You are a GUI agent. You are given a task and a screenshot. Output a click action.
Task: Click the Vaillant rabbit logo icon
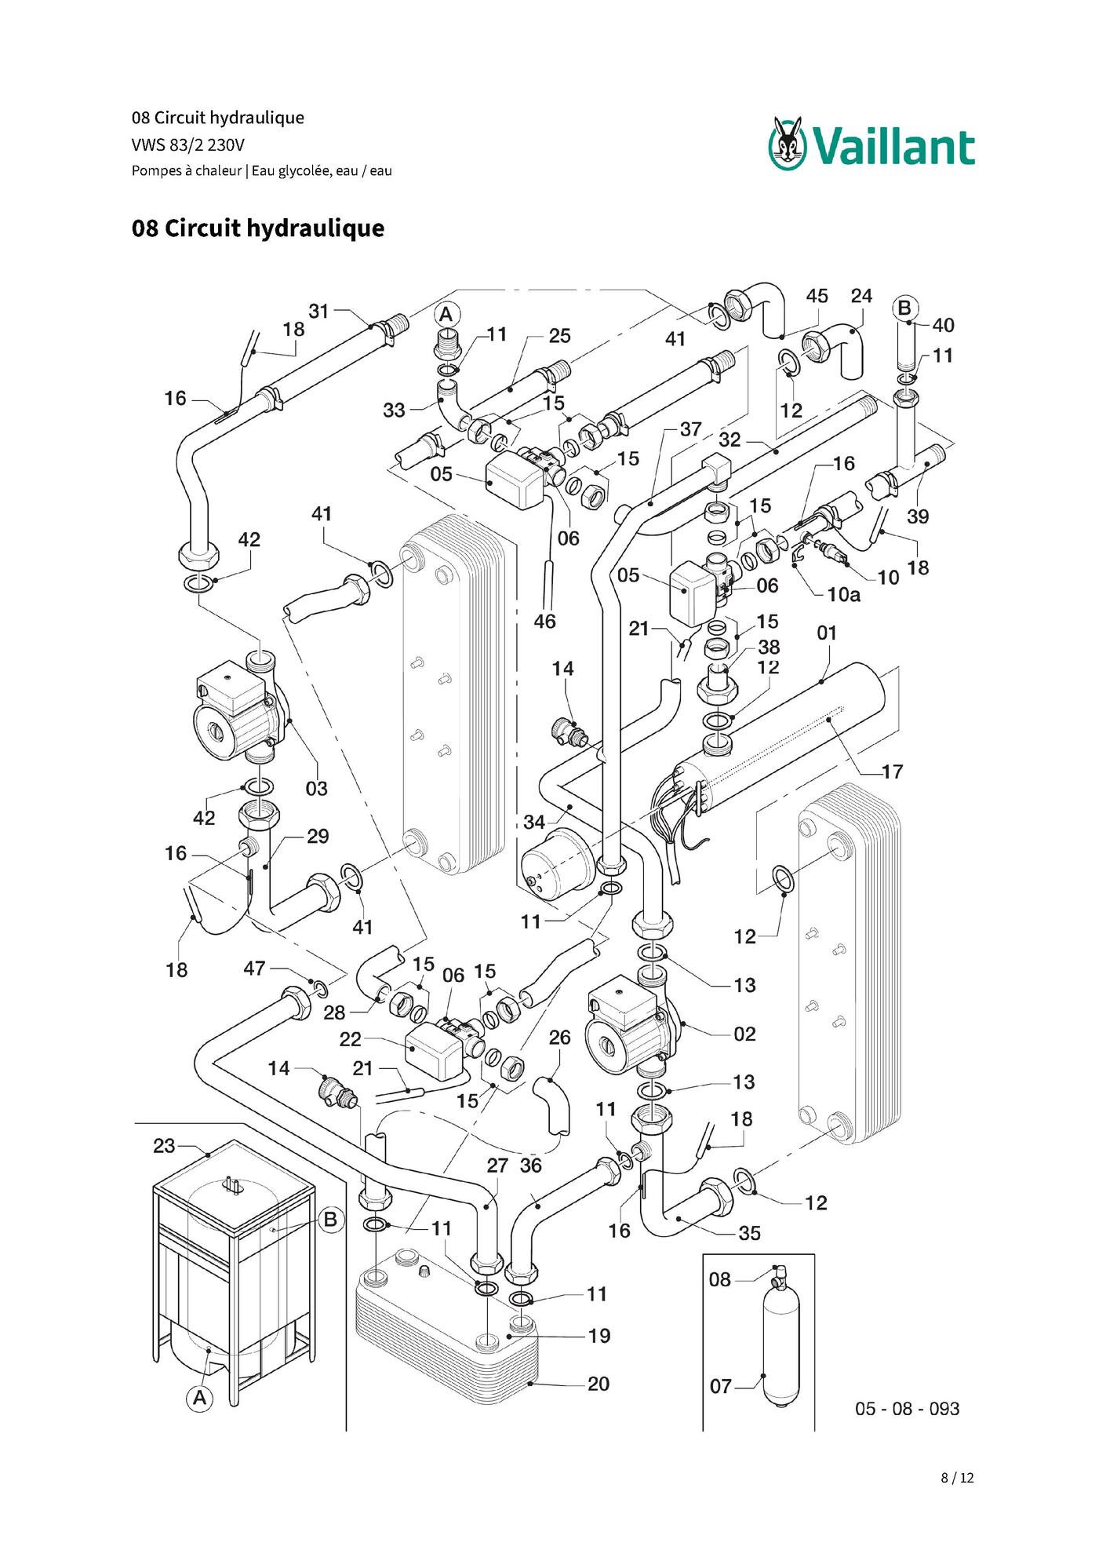tap(787, 143)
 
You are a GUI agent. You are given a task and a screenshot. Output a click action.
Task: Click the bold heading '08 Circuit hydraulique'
tap(258, 228)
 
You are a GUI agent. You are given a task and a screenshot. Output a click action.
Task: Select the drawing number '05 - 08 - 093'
tap(907, 1408)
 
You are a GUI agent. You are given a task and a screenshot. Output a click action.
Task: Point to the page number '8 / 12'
tap(957, 1478)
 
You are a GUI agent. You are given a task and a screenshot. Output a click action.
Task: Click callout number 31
tap(318, 312)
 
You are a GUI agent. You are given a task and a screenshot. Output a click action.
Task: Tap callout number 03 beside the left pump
tap(316, 788)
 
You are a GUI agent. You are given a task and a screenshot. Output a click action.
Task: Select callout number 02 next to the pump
tap(744, 1034)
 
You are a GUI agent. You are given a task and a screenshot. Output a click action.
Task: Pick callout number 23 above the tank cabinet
tap(164, 1146)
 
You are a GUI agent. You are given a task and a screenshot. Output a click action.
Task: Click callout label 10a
tap(843, 595)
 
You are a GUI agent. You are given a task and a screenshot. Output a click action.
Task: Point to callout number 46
tap(544, 622)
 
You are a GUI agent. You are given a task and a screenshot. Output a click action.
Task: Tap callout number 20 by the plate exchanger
tap(598, 1384)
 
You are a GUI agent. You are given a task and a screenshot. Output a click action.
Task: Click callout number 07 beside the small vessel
tap(721, 1387)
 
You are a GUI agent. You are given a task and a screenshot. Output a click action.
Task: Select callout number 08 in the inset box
tap(720, 1280)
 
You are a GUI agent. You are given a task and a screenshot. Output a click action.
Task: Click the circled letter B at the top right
tap(904, 308)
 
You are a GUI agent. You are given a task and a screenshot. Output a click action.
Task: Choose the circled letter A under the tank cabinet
tap(200, 1398)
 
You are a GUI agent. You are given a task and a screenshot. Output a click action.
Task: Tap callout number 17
tap(893, 772)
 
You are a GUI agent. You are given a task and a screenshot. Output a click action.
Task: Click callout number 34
tap(534, 822)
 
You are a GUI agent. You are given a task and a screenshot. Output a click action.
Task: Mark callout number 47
tap(254, 969)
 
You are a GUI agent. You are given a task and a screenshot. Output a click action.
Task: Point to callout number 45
tap(817, 296)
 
